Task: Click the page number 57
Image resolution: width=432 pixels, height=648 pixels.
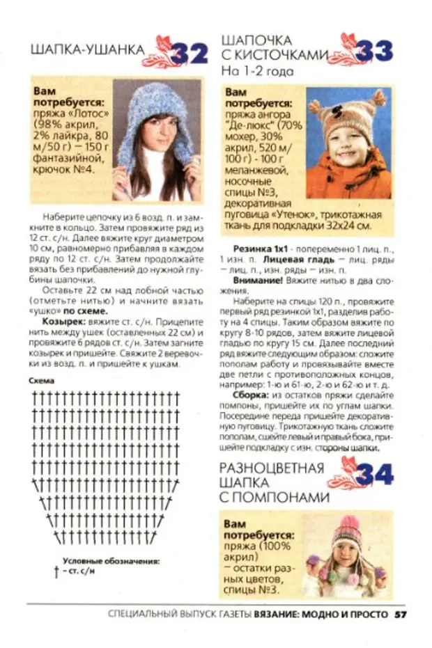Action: tap(401, 615)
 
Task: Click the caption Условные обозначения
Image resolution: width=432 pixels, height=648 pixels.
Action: tap(111, 560)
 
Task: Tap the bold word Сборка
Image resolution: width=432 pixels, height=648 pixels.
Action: tap(252, 395)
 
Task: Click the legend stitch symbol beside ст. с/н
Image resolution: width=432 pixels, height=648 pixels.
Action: tap(56, 571)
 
